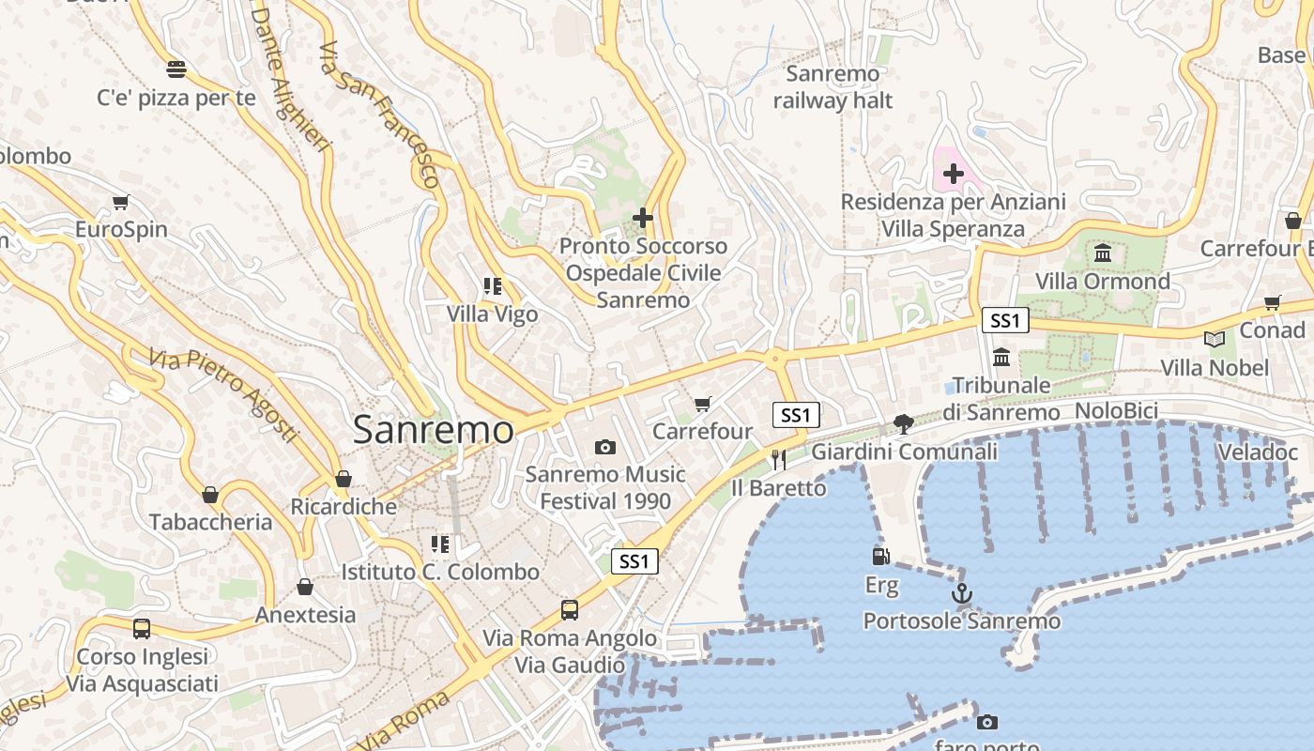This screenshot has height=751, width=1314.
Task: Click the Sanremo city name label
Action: click(x=433, y=430)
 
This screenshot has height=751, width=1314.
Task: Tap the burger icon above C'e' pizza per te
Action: click(x=176, y=69)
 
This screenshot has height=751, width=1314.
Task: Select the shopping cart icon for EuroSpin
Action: click(x=121, y=202)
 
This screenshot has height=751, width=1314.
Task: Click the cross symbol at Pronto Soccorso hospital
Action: click(x=643, y=218)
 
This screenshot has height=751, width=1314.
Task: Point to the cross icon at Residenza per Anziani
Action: click(x=954, y=174)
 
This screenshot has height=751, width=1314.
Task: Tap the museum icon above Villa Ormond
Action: click(x=1103, y=253)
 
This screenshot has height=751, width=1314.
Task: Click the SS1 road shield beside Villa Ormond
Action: click(x=1005, y=320)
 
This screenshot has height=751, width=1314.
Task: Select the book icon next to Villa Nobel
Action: click(x=1215, y=339)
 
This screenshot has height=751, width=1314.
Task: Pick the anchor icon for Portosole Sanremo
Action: click(x=961, y=593)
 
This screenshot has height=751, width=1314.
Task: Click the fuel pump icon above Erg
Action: click(x=880, y=557)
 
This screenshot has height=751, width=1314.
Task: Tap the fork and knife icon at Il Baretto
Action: click(x=778, y=459)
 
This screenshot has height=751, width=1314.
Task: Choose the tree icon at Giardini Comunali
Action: click(x=904, y=423)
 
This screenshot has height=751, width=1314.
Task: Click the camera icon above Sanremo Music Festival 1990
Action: click(x=605, y=447)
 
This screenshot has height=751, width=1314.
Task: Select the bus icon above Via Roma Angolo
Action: click(x=570, y=610)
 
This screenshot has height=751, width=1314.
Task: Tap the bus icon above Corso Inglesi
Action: click(x=142, y=629)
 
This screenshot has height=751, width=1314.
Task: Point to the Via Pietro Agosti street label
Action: click(x=223, y=395)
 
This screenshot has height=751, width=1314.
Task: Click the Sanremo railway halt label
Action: click(x=833, y=86)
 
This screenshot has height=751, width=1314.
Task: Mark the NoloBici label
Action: click(x=1116, y=410)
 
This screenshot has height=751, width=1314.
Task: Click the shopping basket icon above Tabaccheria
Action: click(x=210, y=494)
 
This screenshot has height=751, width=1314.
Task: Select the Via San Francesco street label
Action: click(x=380, y=114)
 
